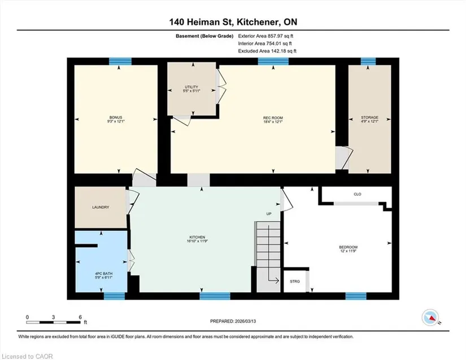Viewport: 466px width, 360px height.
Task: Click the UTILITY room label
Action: pyautogui.click(x=191, y=87)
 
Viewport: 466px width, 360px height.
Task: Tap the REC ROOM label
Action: pyautogui.click(x=273, y=118)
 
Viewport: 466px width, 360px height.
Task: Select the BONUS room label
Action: pyautogui.click(x=116, y=117)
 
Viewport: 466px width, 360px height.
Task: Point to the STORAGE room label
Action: pyautogui.click(x=370, y=117)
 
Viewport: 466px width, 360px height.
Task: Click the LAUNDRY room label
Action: pyautogui.click(x=101, y=207)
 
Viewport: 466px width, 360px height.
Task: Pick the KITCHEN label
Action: pyautogui.click(x=197, y=237)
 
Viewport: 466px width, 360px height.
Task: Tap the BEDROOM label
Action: pyautogui.click(x=349, y=247)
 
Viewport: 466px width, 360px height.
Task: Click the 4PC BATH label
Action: pyautogui.click(x=104, y=274)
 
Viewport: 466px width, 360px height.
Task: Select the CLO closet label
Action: pyautogui.click(x=358, y=194)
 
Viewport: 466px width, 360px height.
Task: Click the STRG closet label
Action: pyautogui.click(x=295, y=282)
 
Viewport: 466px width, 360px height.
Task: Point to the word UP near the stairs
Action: pyautogui.click(x=269, y=214)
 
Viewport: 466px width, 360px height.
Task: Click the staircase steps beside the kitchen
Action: pyautogui.click(x=268, y=257)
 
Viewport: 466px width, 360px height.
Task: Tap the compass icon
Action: pyautogui.click(x=430, y=318)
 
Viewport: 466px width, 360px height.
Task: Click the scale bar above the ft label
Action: pyautogui.click(x=54, y=322)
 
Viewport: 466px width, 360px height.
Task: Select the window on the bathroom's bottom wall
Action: pyautogui.click(x=114, y=296)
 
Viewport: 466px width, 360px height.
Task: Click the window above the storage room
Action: pyautogui.click(x=368, y=62)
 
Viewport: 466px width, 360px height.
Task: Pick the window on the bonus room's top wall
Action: pyautogui.click(x=120, y=62)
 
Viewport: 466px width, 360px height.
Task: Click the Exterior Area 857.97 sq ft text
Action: pyautogui.click(x=265, y=36)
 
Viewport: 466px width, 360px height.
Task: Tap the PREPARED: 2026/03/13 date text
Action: pyautogui.click(x=233, y=321)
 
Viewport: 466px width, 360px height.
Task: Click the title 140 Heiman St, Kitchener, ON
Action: pyautogui.click(x=233, y=22)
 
